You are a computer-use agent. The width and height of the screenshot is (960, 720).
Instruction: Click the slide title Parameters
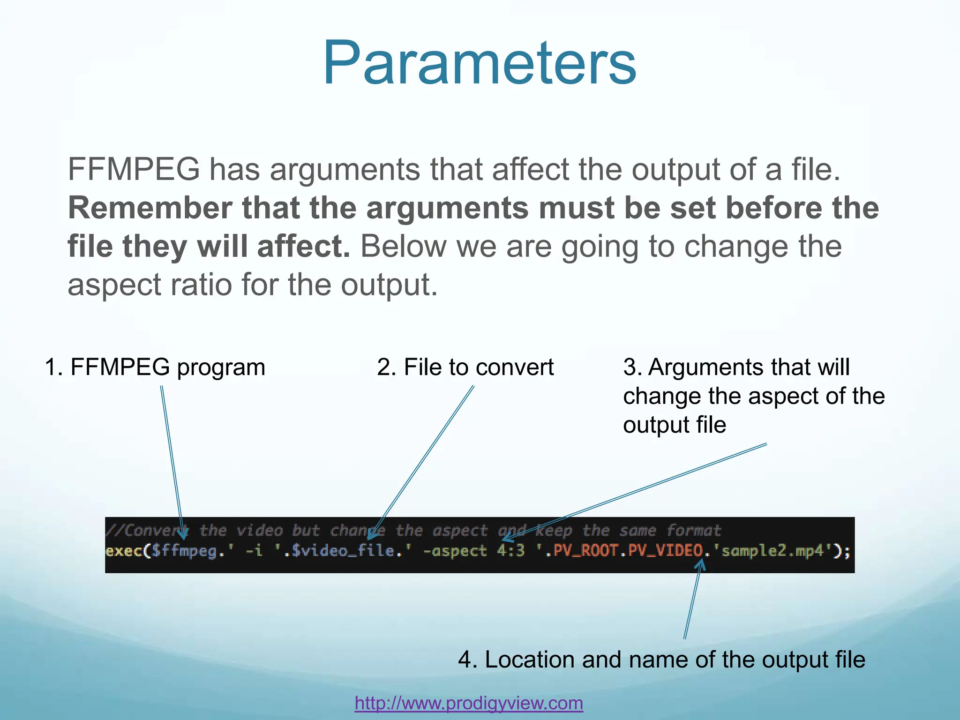(479, 63)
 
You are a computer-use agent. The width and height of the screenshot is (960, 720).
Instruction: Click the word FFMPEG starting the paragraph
(134, 169)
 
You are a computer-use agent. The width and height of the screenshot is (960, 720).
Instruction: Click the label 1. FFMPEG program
(155, 367)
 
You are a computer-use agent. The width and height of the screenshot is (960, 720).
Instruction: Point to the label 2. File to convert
(465, 367)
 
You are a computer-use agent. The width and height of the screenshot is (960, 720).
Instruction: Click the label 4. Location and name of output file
(661, 660)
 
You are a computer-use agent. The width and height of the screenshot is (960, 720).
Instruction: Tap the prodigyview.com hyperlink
(469, 703)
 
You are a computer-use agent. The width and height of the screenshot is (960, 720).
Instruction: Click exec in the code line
(124, 550)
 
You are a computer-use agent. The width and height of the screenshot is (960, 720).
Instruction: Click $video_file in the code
(342, 550)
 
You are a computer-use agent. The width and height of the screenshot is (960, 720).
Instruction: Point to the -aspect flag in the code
(455, 550)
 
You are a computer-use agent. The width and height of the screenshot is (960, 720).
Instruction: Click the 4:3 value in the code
(510, 550)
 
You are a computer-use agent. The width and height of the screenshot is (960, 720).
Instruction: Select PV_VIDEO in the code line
(665, 550)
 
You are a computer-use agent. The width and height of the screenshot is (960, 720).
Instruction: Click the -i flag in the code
(254, 550)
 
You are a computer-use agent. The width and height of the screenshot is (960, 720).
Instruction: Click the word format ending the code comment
(693, 531)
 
